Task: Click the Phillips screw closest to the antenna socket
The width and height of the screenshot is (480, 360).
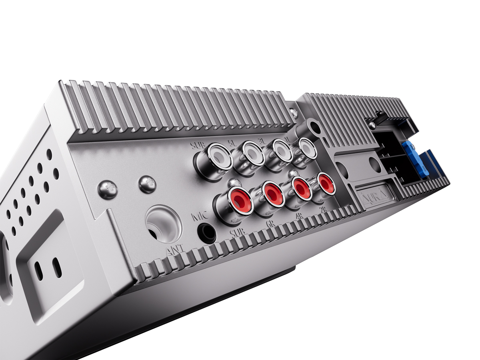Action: click(x=146, y=185)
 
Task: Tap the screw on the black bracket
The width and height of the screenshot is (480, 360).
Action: click(x=372, y=125)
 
